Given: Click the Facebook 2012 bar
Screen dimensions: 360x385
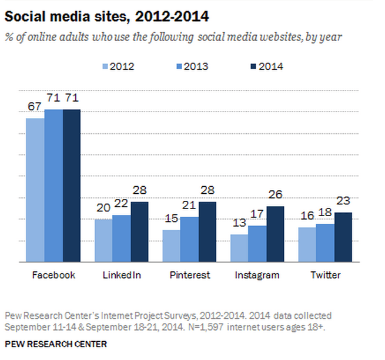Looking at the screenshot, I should (35, 190).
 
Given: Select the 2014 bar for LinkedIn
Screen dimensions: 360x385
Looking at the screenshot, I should (140, 232).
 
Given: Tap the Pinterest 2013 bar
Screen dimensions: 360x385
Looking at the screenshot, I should (189, 239).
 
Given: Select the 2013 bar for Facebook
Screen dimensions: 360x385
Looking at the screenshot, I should (53, 186).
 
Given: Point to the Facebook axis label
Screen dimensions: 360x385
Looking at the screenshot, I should (53, 275).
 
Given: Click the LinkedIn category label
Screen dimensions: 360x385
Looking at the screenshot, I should (122, 275).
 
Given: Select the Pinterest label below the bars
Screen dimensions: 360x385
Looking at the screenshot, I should (190, 275).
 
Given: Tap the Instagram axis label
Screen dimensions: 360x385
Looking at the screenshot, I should (257, 275).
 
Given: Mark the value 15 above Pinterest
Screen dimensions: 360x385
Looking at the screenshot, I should (171, 219).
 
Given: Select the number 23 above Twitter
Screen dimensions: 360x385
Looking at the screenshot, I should (344, 201).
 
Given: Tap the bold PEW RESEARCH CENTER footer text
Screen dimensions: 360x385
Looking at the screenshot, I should (56, 344).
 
